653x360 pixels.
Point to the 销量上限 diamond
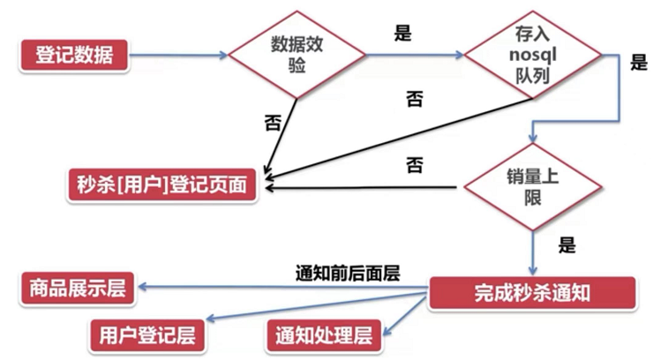(x=532, y=187)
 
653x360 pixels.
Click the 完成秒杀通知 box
(x=532, y=292)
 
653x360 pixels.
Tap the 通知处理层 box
(x=323, y=335)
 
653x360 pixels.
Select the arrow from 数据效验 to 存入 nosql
(x=415, y=56)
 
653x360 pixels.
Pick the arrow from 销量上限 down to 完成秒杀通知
(x=532, y=251)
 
